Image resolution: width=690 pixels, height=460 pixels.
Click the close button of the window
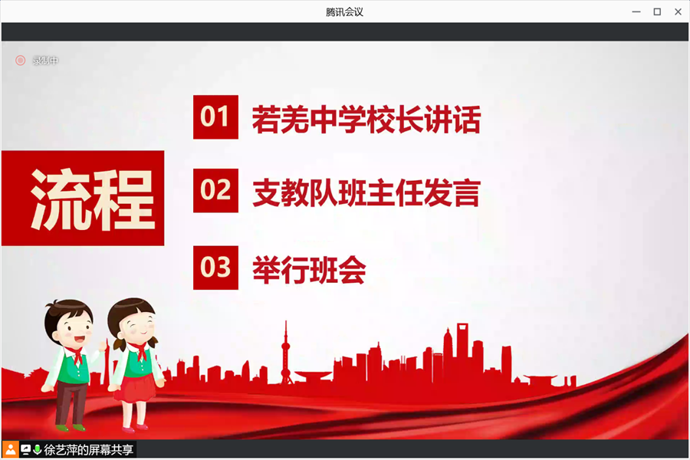point(678,12)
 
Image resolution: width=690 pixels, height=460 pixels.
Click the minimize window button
point(636,12)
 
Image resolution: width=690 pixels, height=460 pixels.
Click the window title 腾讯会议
point(344,12)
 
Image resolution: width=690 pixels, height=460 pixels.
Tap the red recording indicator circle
point(20,61)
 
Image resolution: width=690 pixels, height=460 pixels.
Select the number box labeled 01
point(215,117)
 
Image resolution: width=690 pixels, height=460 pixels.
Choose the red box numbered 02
point(215,191)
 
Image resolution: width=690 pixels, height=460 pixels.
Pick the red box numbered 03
point(215,268)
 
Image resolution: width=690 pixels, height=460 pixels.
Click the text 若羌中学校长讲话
point(366,120)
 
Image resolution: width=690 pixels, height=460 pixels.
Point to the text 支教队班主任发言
point(366,192)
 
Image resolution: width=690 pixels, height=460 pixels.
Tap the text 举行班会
point(309,270)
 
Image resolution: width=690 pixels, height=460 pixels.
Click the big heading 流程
point(93,199)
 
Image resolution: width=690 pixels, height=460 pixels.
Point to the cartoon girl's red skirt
point(135,388)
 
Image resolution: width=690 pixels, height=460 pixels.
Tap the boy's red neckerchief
point(76,355)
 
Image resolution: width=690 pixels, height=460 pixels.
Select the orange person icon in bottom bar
point(10,449)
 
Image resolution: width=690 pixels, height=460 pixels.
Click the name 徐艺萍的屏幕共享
point(88,449)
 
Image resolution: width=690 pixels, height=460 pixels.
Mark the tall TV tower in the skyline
point(286,353)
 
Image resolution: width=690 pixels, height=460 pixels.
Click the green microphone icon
point(38,449)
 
